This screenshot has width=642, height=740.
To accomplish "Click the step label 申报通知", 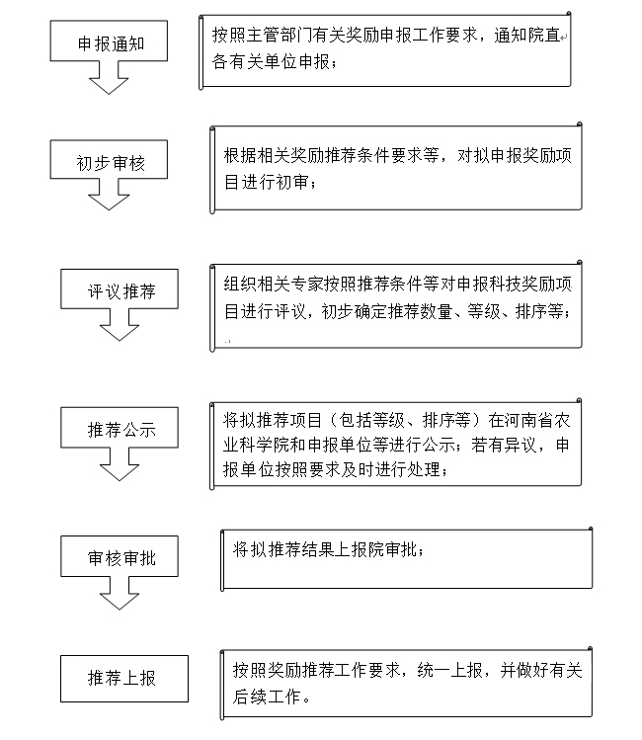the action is coord(111,43).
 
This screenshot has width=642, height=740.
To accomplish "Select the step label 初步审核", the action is coord(111,163).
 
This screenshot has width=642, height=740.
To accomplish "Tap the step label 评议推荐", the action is coord(121,291).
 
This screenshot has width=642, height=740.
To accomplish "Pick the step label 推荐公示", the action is coord(121,430).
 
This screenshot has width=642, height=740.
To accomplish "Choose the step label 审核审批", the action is coord(121,558).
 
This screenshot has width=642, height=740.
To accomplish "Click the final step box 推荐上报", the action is coord(124,678).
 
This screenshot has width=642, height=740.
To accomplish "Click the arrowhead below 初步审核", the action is coord(109,202).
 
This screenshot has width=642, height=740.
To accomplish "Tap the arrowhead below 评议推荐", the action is coord(120,332).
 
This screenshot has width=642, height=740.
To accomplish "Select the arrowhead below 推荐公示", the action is coord(120,472).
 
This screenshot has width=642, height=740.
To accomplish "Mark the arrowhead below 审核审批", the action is coord(120,601).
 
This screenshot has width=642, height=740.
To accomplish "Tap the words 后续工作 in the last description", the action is coord(267,697).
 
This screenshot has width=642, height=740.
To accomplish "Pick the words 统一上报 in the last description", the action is coord(450,670).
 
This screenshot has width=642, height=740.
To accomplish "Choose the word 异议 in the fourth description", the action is coord(521,445).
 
